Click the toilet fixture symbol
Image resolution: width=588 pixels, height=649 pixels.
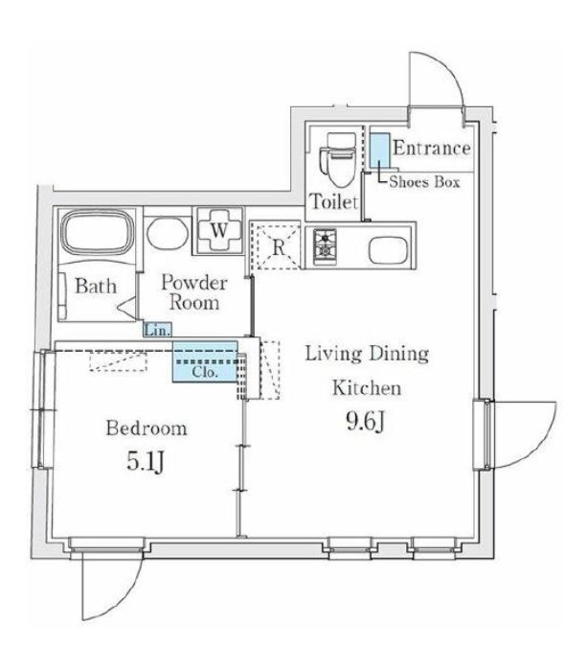(x=337, y=159)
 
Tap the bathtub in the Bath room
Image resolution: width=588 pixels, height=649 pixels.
(x=98, y=232)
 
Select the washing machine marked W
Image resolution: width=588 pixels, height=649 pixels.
(x=218, y=230)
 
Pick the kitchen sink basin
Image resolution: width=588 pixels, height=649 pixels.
(x=389, y=250)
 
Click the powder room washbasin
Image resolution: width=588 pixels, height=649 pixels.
(x=168, y=233)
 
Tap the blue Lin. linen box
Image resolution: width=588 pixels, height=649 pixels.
(x=158, y=331)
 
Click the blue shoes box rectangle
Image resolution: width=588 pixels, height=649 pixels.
(x=380, y=150)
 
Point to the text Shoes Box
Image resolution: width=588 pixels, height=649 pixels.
(x=424, y=182)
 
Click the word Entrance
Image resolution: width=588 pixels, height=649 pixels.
(x=432, y=148)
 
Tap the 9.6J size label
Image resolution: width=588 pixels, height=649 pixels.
(x=366, y=422)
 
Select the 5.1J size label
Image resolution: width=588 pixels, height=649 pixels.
(x=146, y=461)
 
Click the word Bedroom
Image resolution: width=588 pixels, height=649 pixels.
(x=147, y=428)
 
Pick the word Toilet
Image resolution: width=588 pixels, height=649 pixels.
(x=333, y=201)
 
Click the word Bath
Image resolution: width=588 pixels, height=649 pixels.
(x=96, y=286)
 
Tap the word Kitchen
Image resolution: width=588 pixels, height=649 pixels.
(x=367, y=388)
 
